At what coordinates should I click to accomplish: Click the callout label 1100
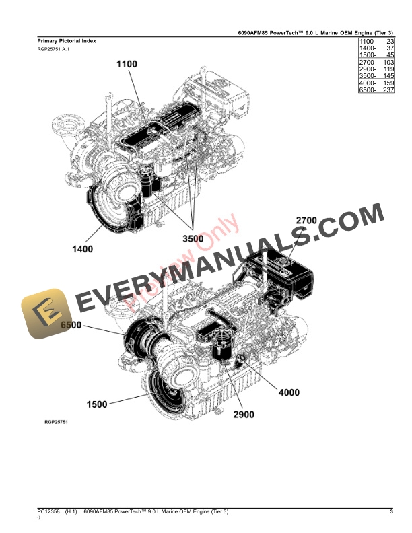pyautogui.click(x=127, y=64)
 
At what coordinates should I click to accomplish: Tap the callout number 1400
pyautogui.click(x=83, y=249)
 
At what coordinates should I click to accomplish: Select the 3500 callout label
pyautogui.click(x=194, y=239)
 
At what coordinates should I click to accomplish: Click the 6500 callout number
pyautogui.click(x=71, y=326)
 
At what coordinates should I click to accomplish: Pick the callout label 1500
pyautogui.click(x=97, y=404)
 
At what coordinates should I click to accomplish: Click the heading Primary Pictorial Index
pyautogui.click(x=67, y=41)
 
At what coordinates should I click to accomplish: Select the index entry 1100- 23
pyautogui.click(x=376, y=42)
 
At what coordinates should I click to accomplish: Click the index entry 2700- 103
pyautogui.click(x=376, y=63)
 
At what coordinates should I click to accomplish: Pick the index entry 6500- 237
pyautogui.click(x=376, y=90)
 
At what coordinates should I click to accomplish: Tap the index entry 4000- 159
pyautogui.click(x=376, y=83)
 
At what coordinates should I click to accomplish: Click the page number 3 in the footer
pyautogui.click(x=391, y=513)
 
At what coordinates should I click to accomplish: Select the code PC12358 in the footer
pyautogui.click(x=48, y=513)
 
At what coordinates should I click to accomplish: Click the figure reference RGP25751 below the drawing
pyautogui.click(x=56, y=422)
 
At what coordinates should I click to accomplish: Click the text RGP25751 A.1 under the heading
pyautogui.click(x=53, y=50)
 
